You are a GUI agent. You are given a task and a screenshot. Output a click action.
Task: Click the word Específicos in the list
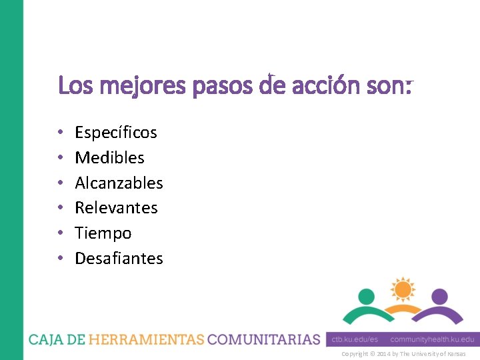click(116, 133)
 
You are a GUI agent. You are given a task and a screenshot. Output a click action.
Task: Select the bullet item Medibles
click(109, 158)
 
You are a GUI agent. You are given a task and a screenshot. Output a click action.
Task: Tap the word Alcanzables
click(119, 183)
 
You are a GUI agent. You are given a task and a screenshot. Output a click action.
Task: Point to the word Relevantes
click(116, 208)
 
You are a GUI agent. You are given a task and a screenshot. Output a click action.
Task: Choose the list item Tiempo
click(103, 233)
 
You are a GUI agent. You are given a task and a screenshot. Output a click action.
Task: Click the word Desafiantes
click(119, 258)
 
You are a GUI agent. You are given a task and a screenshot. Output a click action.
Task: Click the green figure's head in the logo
click(366, 296)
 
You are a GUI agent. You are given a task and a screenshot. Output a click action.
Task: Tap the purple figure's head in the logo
click(439, 296)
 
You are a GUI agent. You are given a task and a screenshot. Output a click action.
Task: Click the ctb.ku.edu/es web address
click(354, 339)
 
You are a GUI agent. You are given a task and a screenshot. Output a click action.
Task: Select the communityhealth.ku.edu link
click(432, 339)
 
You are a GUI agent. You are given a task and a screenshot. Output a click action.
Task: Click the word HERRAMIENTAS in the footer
click(146, 339)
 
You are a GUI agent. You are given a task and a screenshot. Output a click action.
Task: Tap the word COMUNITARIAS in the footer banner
click(264, 339)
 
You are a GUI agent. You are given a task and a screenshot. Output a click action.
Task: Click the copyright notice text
click(403, 353)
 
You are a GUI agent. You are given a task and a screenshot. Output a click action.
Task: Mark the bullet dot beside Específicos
click(61, 133)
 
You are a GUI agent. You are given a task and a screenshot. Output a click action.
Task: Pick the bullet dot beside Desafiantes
click(61, 258)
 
